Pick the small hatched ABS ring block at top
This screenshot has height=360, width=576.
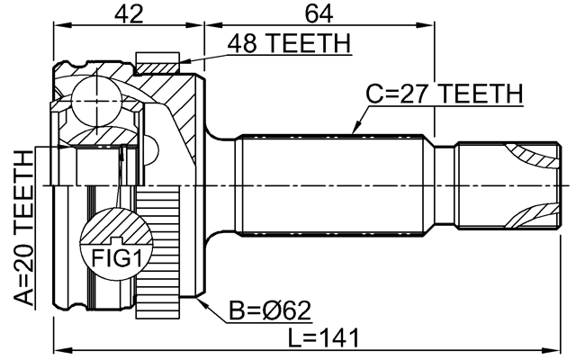(157, 62)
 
